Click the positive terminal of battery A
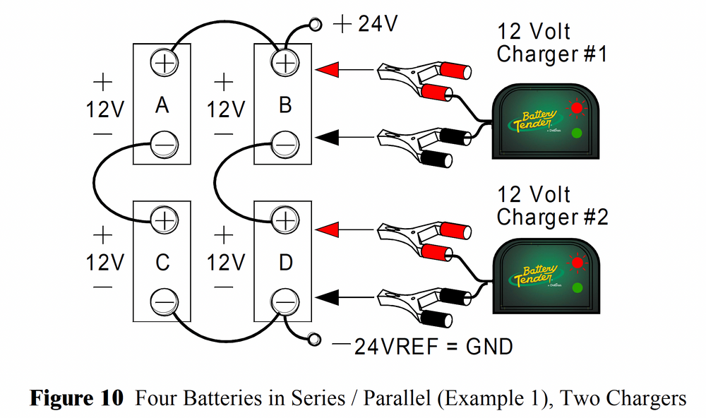164,63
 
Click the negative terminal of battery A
164,145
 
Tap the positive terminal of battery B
285,63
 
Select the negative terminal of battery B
285,145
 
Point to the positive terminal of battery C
164,220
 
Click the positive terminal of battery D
285,220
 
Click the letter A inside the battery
162,105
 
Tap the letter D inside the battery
285,263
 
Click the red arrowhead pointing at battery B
328,70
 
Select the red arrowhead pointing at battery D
328,229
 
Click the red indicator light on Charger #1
578,109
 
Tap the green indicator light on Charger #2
578,287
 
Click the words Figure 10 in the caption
76,398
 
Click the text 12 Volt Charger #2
551,205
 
